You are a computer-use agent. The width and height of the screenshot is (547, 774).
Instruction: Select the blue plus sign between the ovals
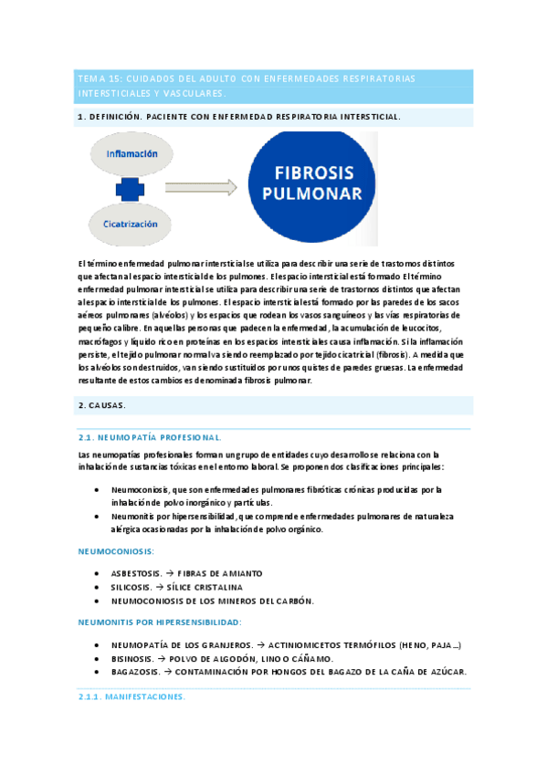131,189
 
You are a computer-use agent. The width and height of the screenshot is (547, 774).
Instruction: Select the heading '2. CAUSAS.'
102,404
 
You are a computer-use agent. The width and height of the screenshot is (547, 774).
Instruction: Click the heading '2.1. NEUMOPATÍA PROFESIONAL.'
150,437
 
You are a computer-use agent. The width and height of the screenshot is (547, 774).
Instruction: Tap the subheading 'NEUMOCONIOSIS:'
116,551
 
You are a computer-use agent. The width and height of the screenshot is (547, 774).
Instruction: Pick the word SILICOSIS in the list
134,587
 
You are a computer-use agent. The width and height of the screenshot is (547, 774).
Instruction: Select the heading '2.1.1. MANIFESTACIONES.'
133,696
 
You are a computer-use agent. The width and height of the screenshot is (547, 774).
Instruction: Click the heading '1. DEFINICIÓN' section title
110,117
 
